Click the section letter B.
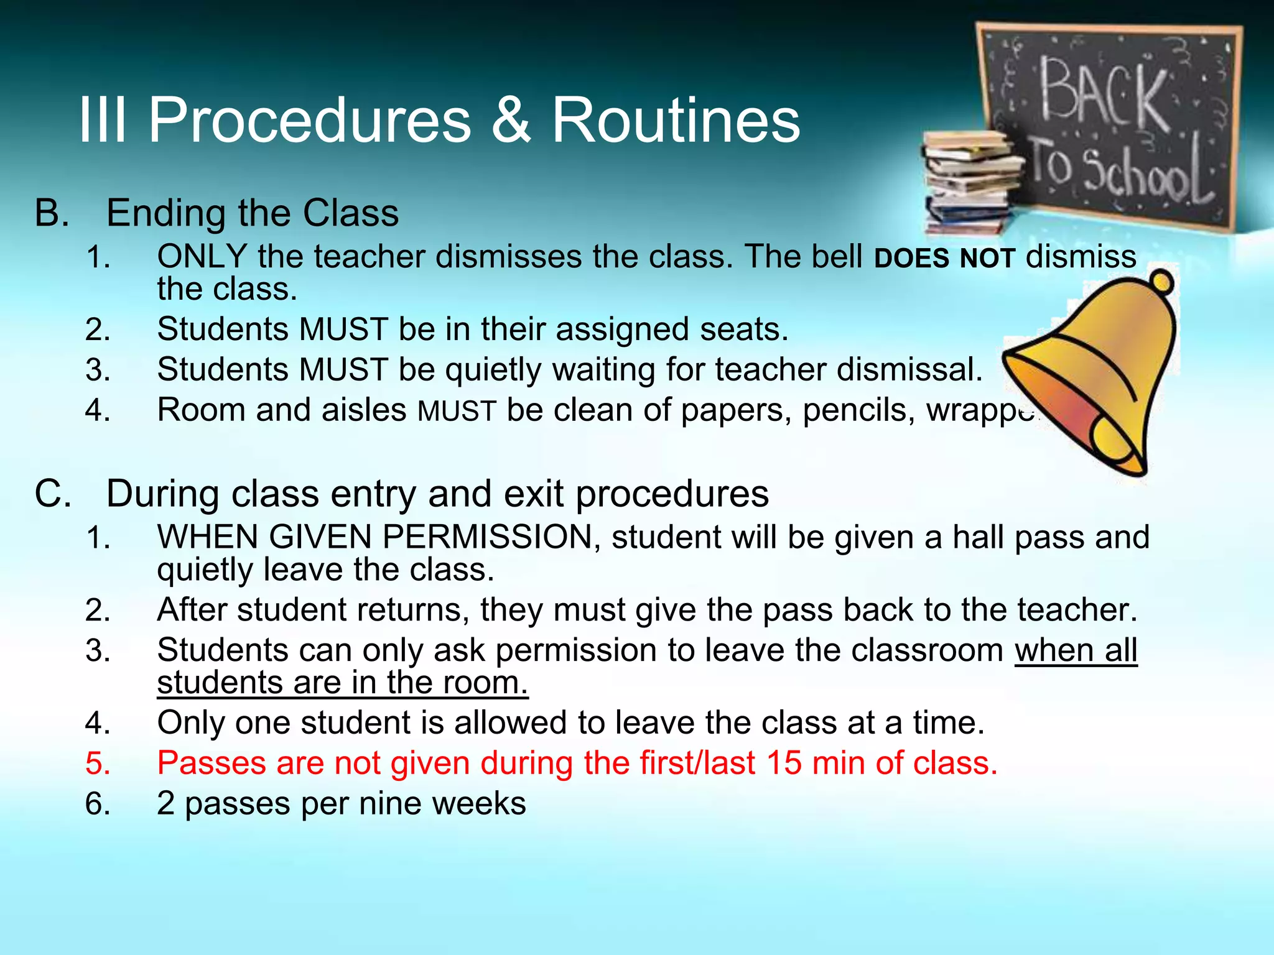tap(51, 213)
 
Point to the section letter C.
tap(52, 494)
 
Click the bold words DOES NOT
tap(944, 258)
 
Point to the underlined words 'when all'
tap(1076, 651)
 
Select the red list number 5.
tap(98, 764)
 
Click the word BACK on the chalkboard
tap(1103, 93)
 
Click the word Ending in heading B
tap(166, 213)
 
